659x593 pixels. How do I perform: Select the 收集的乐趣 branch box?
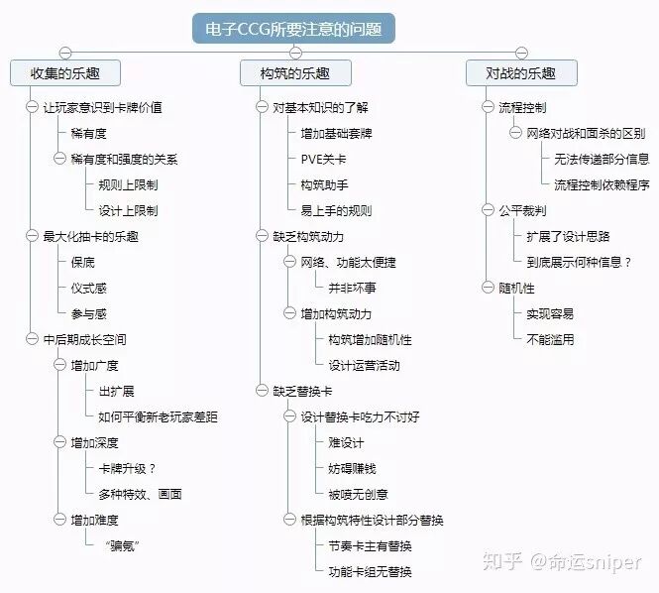64,73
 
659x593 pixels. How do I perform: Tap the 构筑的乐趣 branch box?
294,73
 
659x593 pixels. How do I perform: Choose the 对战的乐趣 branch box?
521,73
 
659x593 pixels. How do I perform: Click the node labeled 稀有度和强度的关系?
124,159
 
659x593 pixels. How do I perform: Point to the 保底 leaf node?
83,263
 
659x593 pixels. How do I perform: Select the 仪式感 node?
89,289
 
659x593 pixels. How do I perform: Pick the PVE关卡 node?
323,159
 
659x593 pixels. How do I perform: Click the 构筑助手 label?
324,184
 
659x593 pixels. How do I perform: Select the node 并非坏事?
352,289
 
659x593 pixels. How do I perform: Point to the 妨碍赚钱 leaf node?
352,468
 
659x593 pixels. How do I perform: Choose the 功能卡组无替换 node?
370,572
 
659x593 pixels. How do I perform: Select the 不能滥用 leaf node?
550,339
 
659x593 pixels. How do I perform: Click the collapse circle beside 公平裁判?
489,210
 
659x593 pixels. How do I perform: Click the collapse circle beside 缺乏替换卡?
263,390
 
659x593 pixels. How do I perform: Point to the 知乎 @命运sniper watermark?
560,561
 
